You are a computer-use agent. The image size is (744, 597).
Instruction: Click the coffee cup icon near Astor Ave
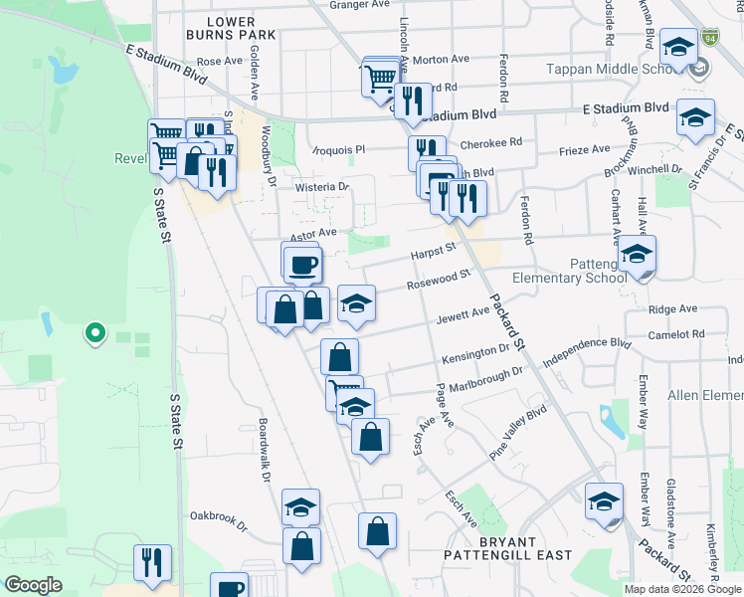(303, 265)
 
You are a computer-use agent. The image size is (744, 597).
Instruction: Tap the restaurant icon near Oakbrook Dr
(153, 562)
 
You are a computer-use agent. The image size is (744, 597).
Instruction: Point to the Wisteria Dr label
(322, 186)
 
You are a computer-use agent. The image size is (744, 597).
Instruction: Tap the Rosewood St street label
(438, 281)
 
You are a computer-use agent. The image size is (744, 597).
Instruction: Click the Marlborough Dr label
(484, 378)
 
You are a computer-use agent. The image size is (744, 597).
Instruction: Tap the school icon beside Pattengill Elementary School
(637, 256)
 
